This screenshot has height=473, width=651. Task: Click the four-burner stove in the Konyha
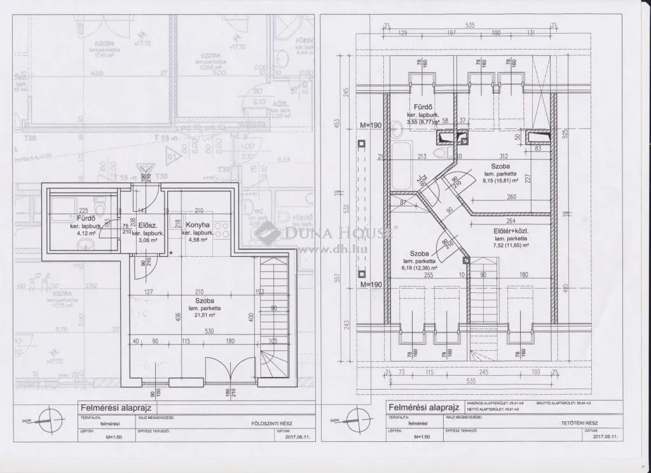(221, 233)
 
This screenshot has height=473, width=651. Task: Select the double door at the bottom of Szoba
(224, 369)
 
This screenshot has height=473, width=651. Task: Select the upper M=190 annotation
(370, 125)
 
